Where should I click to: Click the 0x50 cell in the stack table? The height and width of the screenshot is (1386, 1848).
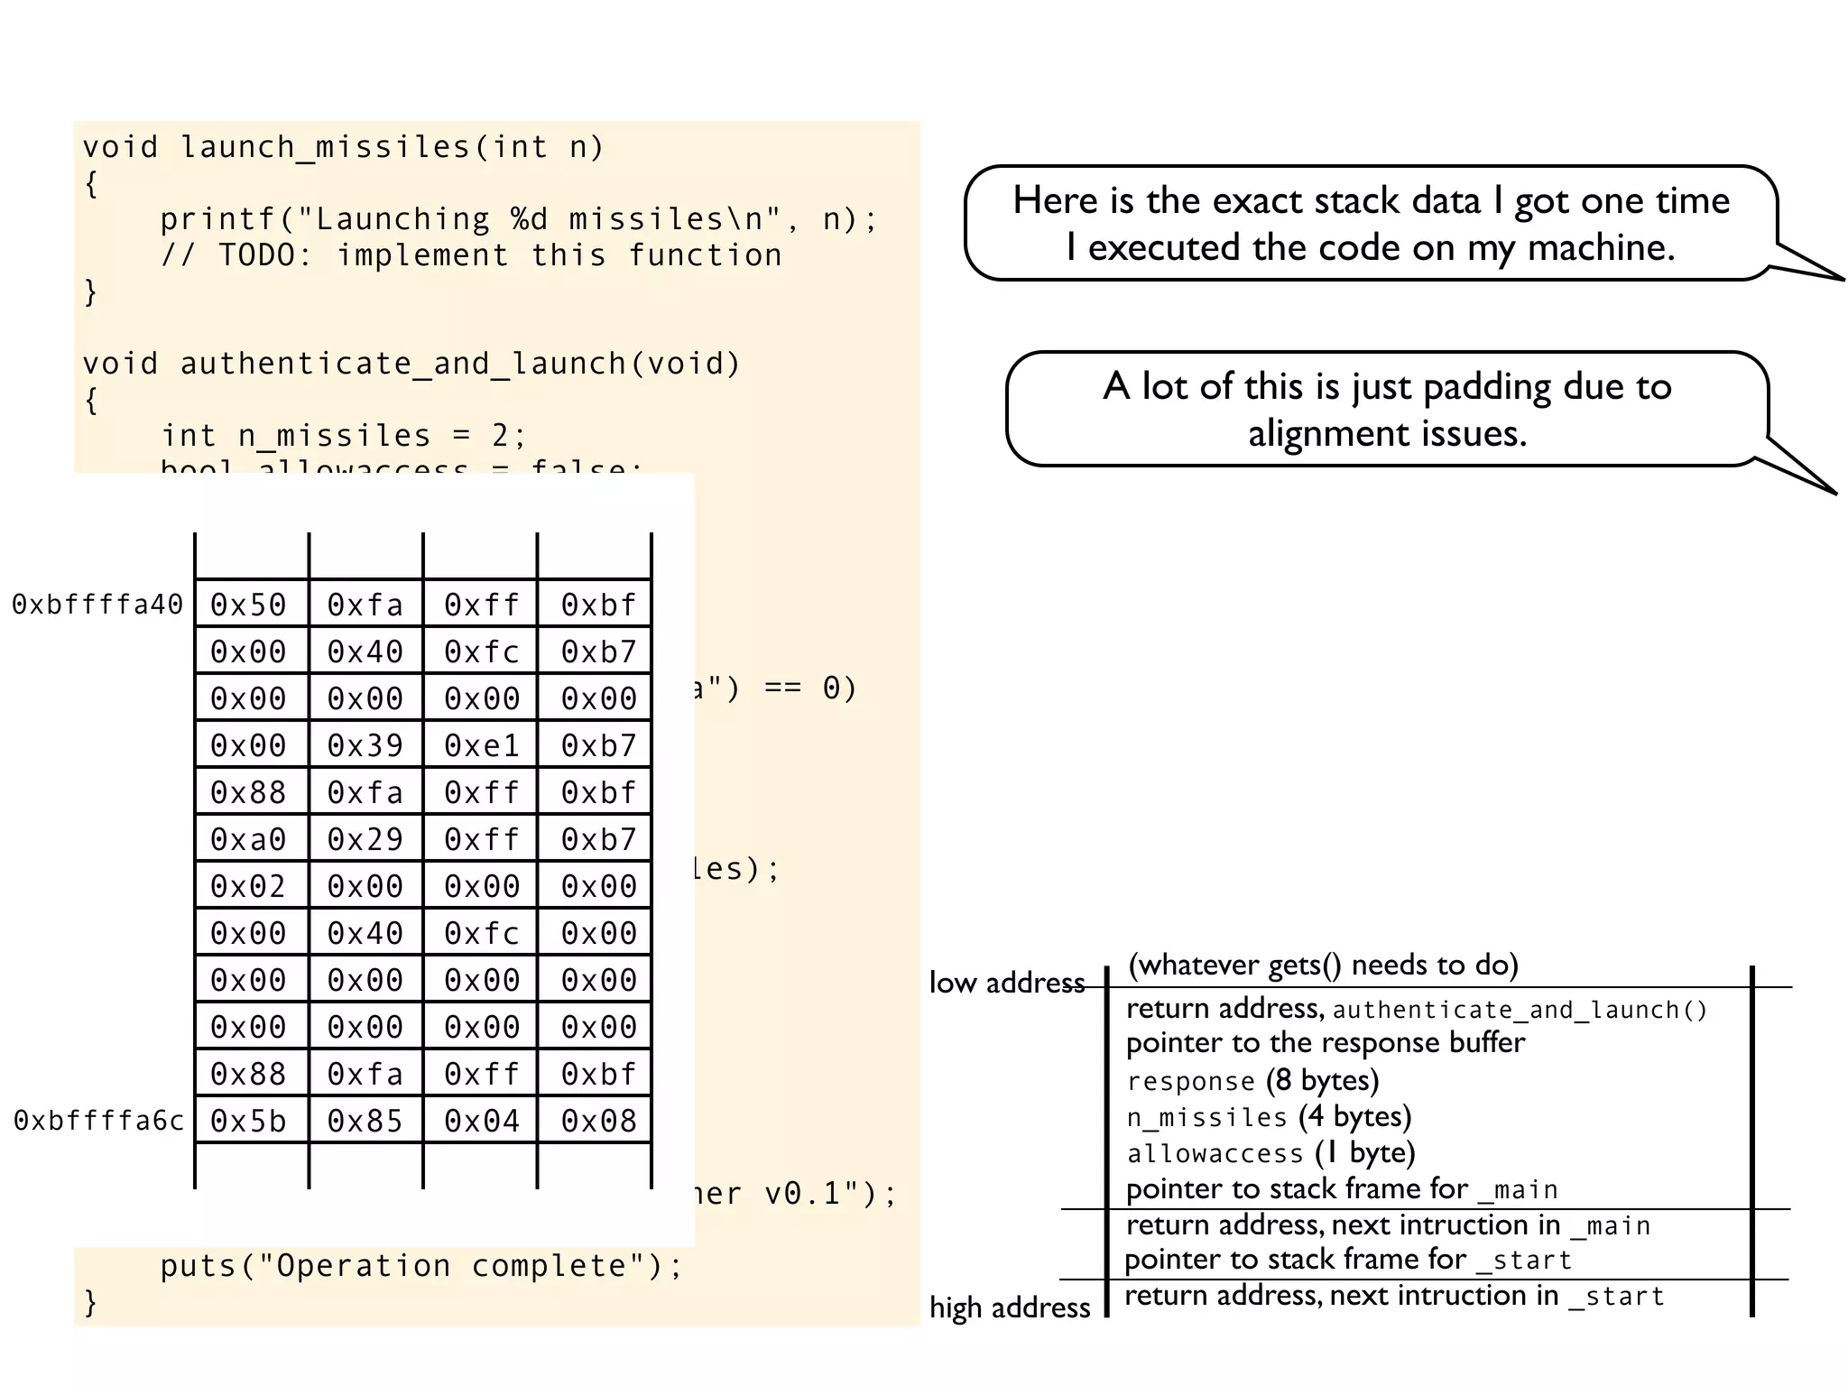pos(248,605)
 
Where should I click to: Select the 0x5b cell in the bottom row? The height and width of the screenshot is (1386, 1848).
pos(248,1121)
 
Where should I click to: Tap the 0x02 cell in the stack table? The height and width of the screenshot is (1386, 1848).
pos(248,886)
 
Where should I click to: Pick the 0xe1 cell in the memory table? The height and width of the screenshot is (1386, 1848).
pos(482,745)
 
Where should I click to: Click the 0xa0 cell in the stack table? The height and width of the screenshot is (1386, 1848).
pos(248,839)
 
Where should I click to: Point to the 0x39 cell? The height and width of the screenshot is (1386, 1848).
pos(365,745)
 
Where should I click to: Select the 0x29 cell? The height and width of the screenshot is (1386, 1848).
pos(365,839)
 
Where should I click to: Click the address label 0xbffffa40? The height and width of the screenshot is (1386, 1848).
pos(97,605)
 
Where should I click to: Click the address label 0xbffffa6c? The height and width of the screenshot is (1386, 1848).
pos(98,1121)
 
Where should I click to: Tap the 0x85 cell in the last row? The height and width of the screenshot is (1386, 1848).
pos(365,1121)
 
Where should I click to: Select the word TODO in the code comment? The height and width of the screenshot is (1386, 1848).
pos(256,255)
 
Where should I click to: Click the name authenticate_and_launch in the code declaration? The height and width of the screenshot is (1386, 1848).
pos(402,364)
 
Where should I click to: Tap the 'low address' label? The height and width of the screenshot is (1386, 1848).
pos(1006,983)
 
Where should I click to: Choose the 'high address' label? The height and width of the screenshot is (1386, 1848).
pos(1010,1307)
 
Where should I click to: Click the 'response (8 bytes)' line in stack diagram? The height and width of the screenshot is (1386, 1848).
pos(1252,1081)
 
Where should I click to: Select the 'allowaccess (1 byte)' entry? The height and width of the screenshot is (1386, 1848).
pos(1270,1153)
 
